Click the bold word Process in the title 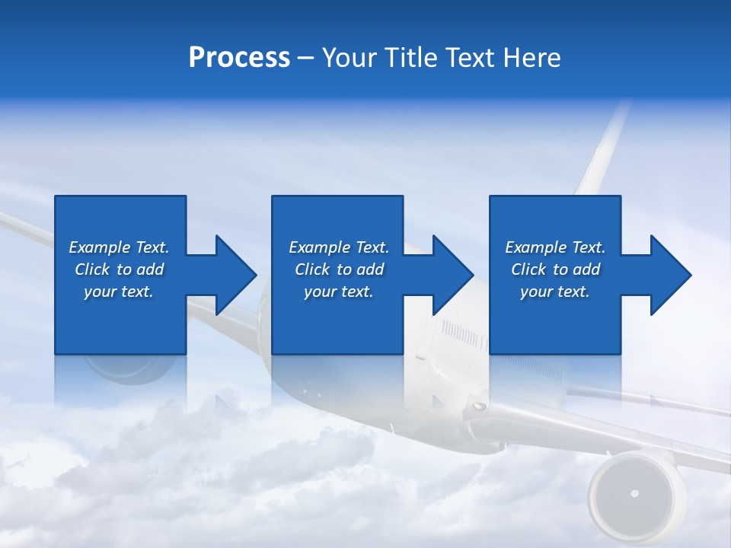(x=239, y=58)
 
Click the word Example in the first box (x=100, y=247)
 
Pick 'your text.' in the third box (x=554, y=292)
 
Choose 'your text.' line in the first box (x=119, y=292)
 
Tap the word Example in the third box (x=536, y=247)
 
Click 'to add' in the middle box (x=360, y=269)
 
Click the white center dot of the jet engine (x=634, y=494)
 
